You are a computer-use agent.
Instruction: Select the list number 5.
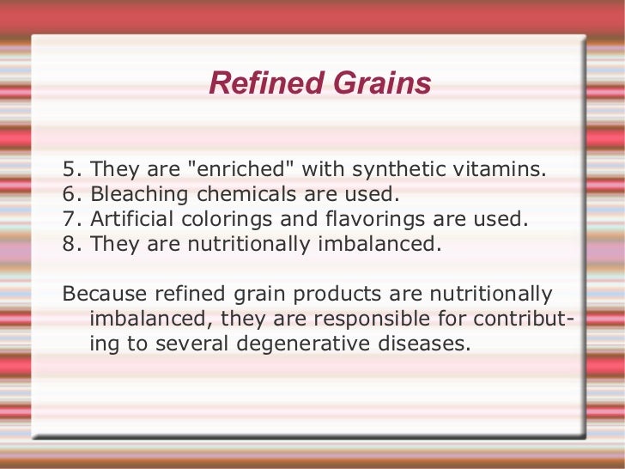point(70,169)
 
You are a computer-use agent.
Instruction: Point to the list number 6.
point(70,194)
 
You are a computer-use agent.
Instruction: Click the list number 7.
point(70,219)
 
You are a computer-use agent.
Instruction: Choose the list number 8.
point(70,244)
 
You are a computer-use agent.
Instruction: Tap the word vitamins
point(505,169)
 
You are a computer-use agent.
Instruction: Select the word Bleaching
point(141,194)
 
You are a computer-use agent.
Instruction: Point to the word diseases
point(429,344)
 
